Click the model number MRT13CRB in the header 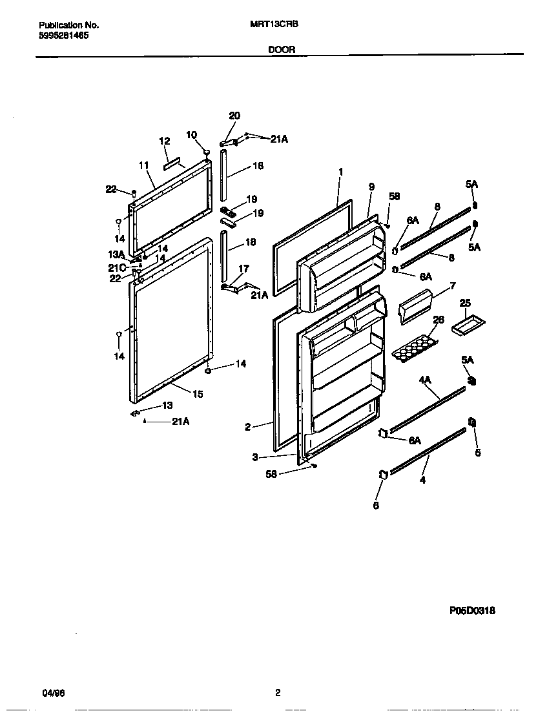pyautogui.click(x=274, y=25)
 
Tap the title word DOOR pyautogui.click(x=282, y=49)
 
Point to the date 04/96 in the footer pyautogui.click(x=53, y=693)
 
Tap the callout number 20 pyautogui.click(x=234, y=116)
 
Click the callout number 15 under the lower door pyautogui.click(x=198, y=394)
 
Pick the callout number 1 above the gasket pyautogui.click(x=340, y=172)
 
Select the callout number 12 pyautogui.click(x=164, y=141)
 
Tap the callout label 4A pyautogui.click(x=424, y=380)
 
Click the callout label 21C pyautogui.click(x=117, y=267)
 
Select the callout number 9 pyautogui.click(x=371, y=187)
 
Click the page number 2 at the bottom pyautogui.click(x=278, y=693)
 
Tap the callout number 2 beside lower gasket pyautogui.click(x=248, y=426)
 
